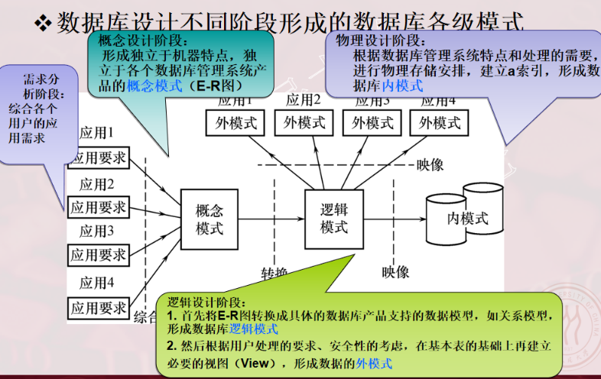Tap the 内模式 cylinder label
pyautogui.click(x=467, y=219)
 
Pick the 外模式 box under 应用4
pyautogui.click(x=440, y=123)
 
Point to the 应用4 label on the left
pyautogui.click(x=97, y=283)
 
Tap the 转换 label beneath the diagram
pyautogui.click(x=275, y=274)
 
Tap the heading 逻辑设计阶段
pyautogui.click(x=206, y=302)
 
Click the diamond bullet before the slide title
pyautogui.click(x=44, y=23)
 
